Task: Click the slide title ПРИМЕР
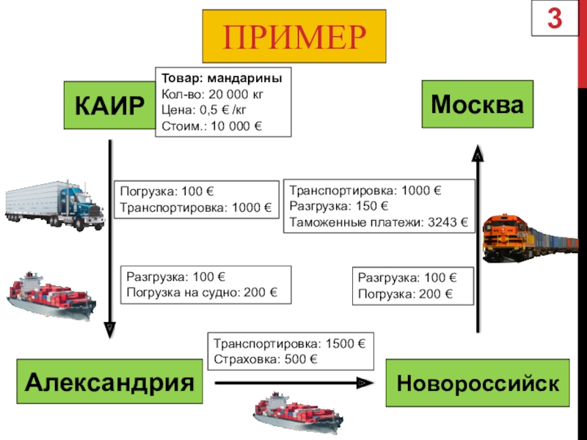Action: pyautogui.click(x=294, y=36)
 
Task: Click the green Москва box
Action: pyautogui.click(x=477, y=106)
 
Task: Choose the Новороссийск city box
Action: pyautogui.click(x=478, y=383)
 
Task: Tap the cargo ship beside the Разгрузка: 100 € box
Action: pyautogui.click(x=51, y=296)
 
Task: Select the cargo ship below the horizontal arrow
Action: pyautogui.click(x=297, y=415)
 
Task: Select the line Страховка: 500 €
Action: pyautogui.click(x=266, y=359)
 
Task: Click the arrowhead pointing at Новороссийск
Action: pyautogui.click(x=362, y=383)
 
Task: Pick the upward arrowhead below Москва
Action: pyautogui.click(x=477, y=155)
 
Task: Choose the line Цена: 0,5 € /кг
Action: pyautogui.click(x=205, y=111)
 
